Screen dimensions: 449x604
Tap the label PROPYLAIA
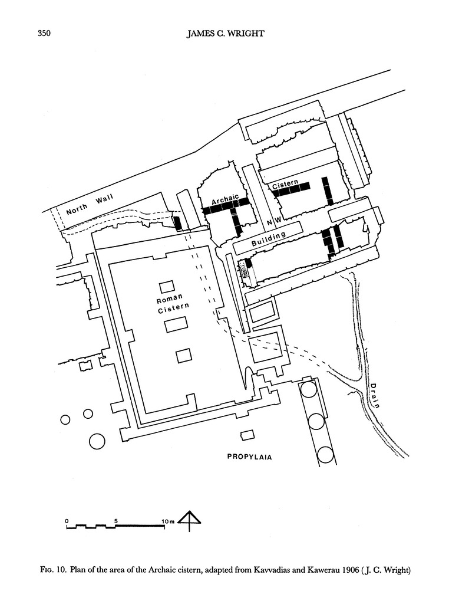click(250, 457)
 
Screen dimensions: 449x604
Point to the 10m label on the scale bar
click(168, 521)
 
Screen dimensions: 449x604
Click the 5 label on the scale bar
click(117, 521)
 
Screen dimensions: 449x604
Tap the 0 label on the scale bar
click(67, 521)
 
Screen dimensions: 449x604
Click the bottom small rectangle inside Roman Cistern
click(184, 356)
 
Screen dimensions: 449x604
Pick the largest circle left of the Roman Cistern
click(96, 440)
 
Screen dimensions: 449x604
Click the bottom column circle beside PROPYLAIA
click(324, 454)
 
